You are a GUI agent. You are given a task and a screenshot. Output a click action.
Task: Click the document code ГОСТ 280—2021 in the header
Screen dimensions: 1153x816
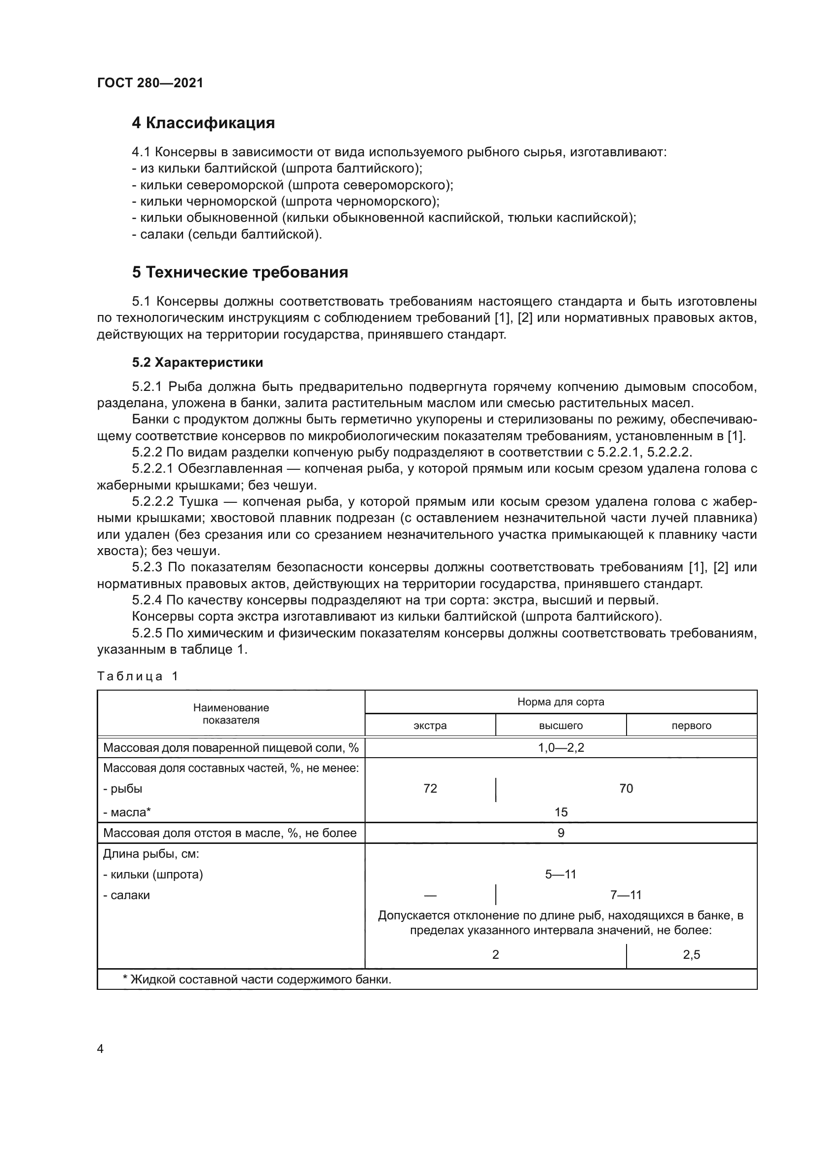(150, 83)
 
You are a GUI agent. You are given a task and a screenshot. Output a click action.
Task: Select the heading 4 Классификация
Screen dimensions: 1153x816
(203, 123)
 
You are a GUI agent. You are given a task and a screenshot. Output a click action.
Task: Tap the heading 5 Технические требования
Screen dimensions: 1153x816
(240, 272)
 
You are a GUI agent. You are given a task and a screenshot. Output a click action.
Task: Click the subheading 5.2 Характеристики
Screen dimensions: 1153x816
(197, 362)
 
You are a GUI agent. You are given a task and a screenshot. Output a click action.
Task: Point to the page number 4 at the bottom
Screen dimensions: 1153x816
(100, 1048)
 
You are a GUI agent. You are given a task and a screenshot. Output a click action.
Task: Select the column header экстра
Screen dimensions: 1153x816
(430, 726)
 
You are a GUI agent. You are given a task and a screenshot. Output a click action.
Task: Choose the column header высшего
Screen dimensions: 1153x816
(561, 726)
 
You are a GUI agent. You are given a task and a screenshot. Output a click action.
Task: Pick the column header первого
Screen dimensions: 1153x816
(691, 726)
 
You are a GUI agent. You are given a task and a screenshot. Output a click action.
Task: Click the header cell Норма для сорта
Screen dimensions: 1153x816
(561, 702)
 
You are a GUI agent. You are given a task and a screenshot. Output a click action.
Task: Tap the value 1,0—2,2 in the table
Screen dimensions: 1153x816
(561, 748)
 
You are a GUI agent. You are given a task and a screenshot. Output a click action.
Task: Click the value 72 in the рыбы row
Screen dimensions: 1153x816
(430, 788)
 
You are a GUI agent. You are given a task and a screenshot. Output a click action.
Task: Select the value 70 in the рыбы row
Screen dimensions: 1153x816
(626, 788)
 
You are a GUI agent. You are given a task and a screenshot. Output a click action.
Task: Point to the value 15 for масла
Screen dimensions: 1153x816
(561, 812)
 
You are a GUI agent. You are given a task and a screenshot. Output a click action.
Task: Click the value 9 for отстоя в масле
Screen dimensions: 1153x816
(561, 833)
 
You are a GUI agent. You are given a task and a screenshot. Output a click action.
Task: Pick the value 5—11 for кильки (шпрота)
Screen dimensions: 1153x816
(561, 874)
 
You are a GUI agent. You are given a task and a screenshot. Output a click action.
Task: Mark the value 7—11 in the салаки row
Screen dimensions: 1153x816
(626, 895)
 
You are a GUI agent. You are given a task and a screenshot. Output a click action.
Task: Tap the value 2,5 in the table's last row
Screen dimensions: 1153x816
(691, 955)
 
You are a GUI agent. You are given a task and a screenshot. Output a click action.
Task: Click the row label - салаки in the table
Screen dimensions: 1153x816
(127, 895)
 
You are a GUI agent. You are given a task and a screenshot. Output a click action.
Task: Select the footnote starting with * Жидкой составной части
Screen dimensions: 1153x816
(257, 979)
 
